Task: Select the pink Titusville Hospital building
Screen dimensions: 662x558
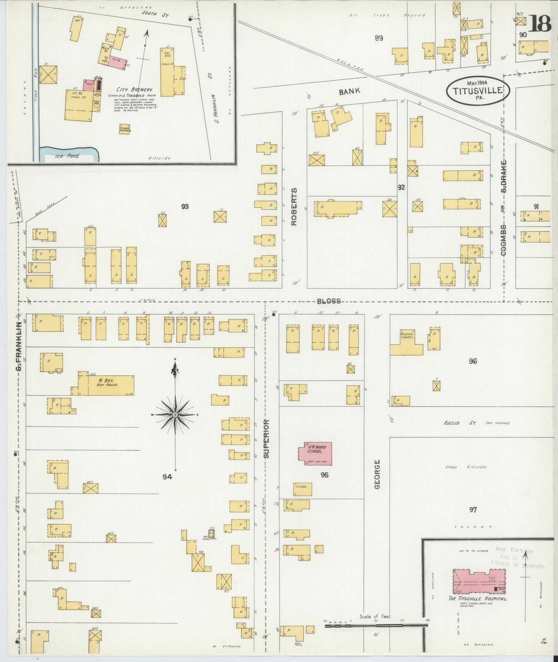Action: pos(479,581)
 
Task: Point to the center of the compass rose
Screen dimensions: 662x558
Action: pos(175,414)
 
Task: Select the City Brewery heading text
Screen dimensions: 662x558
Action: pos(129,89)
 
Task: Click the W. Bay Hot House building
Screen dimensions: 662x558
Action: pos(107,385)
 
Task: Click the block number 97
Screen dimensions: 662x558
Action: pos(473,509)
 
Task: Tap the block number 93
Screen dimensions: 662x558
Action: pos(185,207)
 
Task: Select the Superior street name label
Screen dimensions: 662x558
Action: pos(266,439)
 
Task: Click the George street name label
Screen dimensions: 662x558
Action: pos(377,474)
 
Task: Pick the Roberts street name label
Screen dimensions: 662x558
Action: pos(294,207)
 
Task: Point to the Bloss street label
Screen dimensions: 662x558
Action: pos(329,301)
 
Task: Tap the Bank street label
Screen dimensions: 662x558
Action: pos(349,91)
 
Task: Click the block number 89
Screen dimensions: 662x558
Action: pos(378,38)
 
